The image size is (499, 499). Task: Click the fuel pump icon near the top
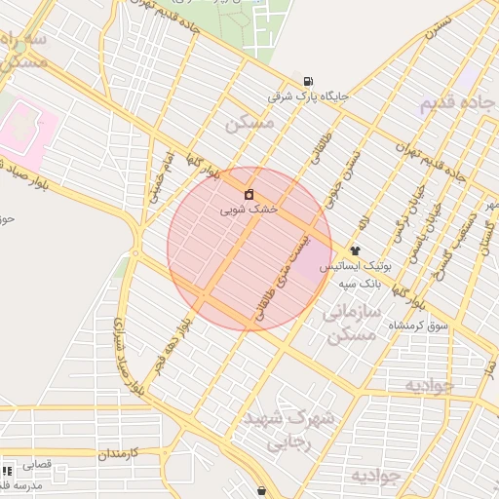(309, 81)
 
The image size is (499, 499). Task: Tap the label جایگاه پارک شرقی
(309, 97)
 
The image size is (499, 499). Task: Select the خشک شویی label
(249, 209)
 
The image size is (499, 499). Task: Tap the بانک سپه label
(358, 284)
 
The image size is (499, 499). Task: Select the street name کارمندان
(120, 454)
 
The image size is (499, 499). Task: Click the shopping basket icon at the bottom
(261, 489)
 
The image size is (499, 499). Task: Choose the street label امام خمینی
(161, 175)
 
